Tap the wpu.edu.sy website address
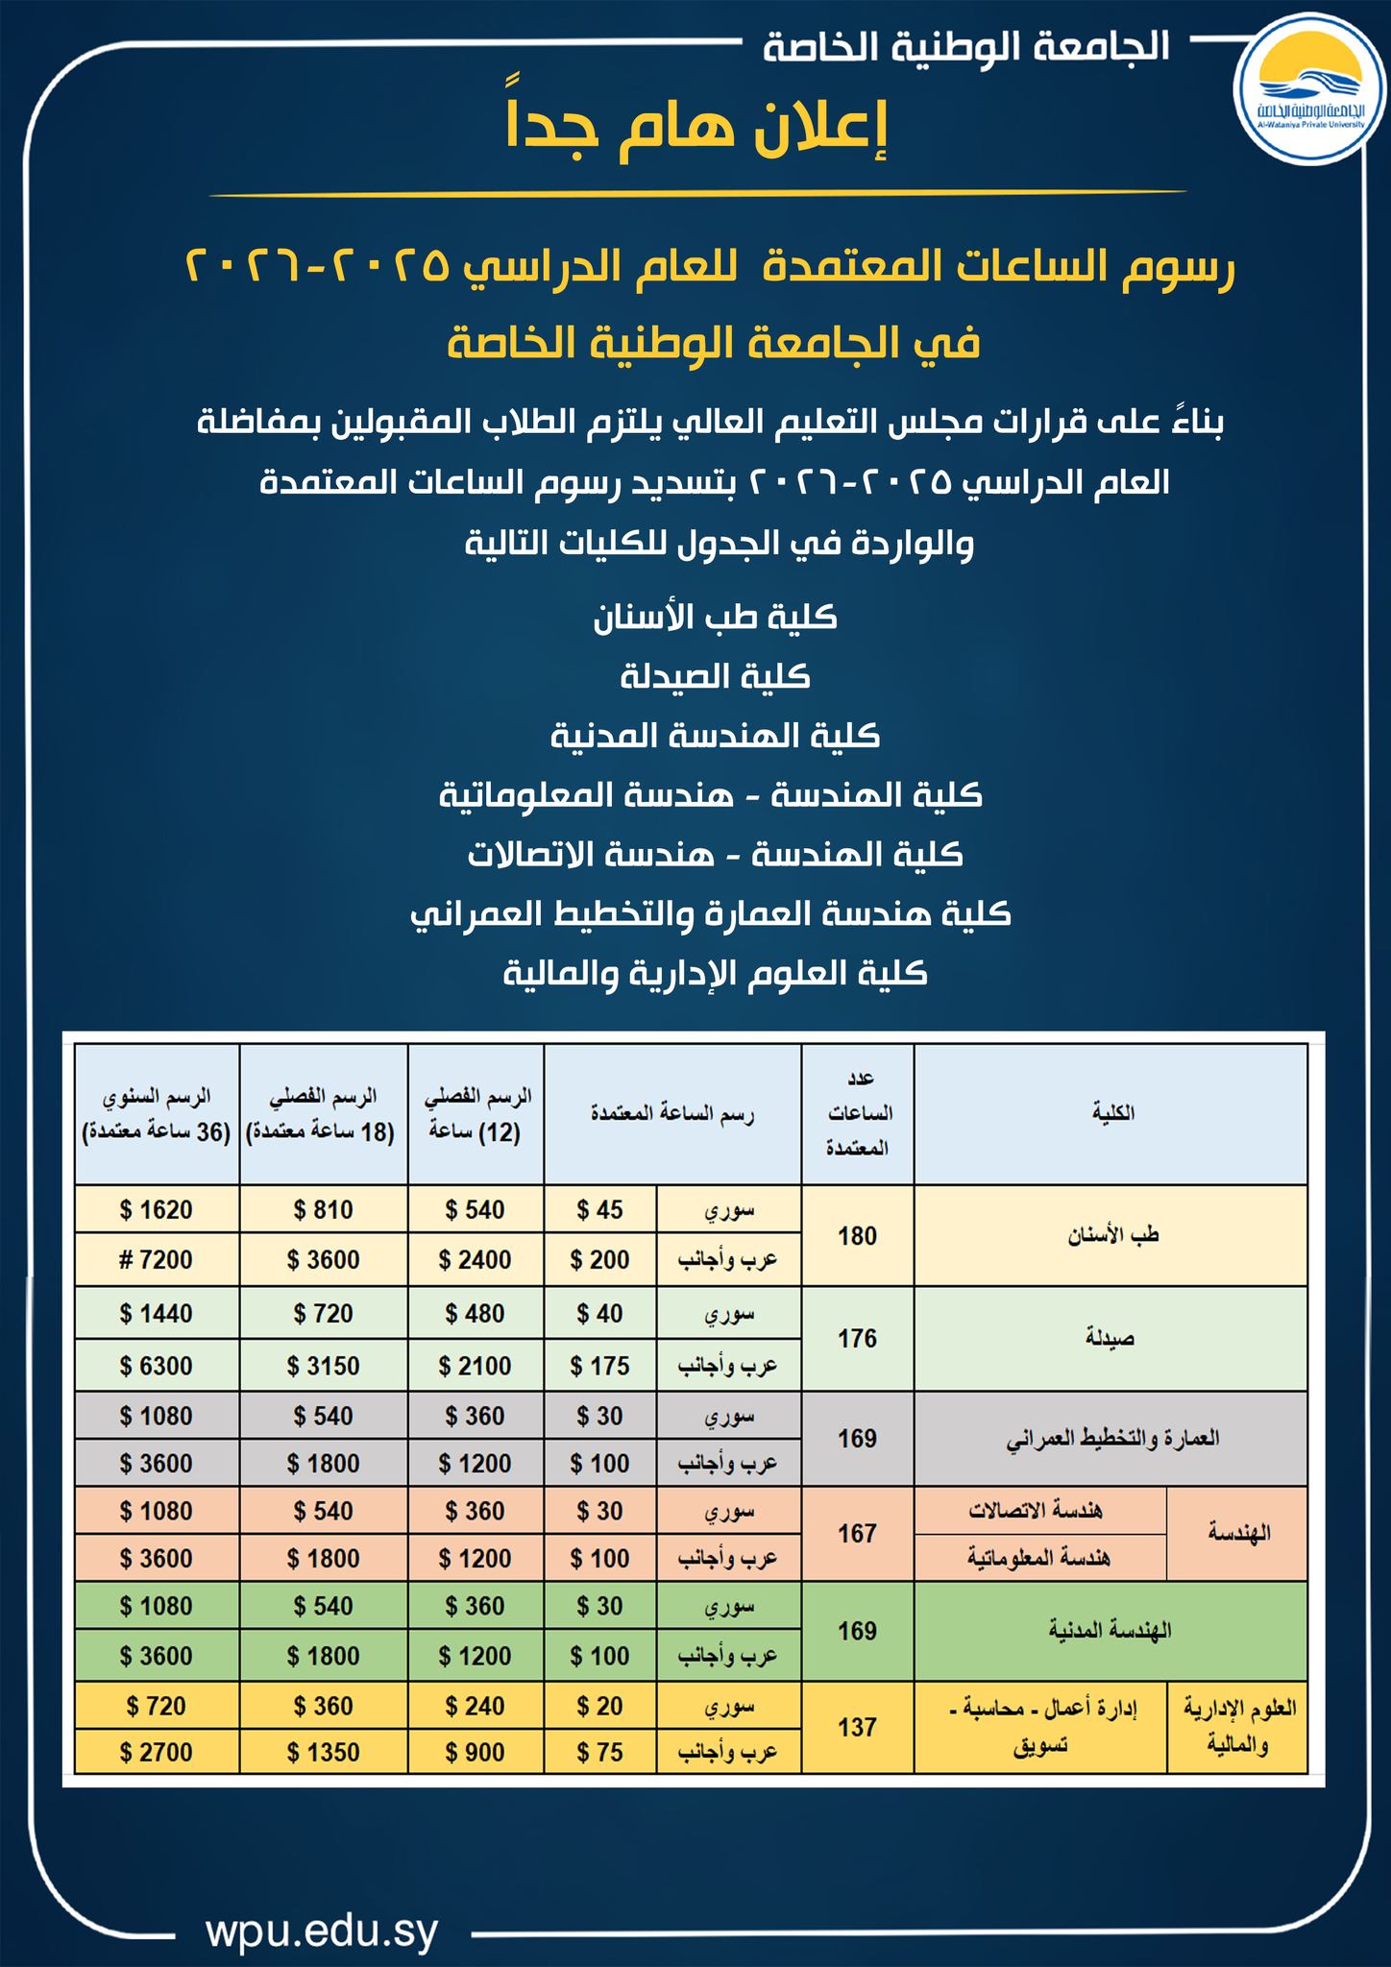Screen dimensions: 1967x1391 click(322, 1904)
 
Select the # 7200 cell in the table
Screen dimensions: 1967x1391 click(157, 1259)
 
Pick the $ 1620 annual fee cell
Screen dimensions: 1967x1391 click(157, 1209)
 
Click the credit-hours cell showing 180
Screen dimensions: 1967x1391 click(857, 1235)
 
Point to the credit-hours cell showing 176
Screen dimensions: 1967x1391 click(857, 1338)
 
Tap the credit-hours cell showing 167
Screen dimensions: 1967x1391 click(857, 1533)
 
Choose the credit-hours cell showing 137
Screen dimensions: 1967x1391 click(857, 1727)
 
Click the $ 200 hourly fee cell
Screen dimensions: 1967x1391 click(600, 1259)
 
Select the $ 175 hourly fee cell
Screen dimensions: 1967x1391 click(600, 1365)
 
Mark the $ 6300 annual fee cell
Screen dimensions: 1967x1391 click(157, 1365)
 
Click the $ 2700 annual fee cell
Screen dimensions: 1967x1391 click(157, 1752)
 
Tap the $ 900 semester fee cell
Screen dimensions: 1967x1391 click(476, 1752)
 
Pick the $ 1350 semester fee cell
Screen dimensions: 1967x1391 click(323, 1752)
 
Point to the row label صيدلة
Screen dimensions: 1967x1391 click(1110, 1338)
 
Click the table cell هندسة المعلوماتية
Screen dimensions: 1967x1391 click(1038, 1557)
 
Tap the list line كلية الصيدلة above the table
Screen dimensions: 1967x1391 click(715, 677)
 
